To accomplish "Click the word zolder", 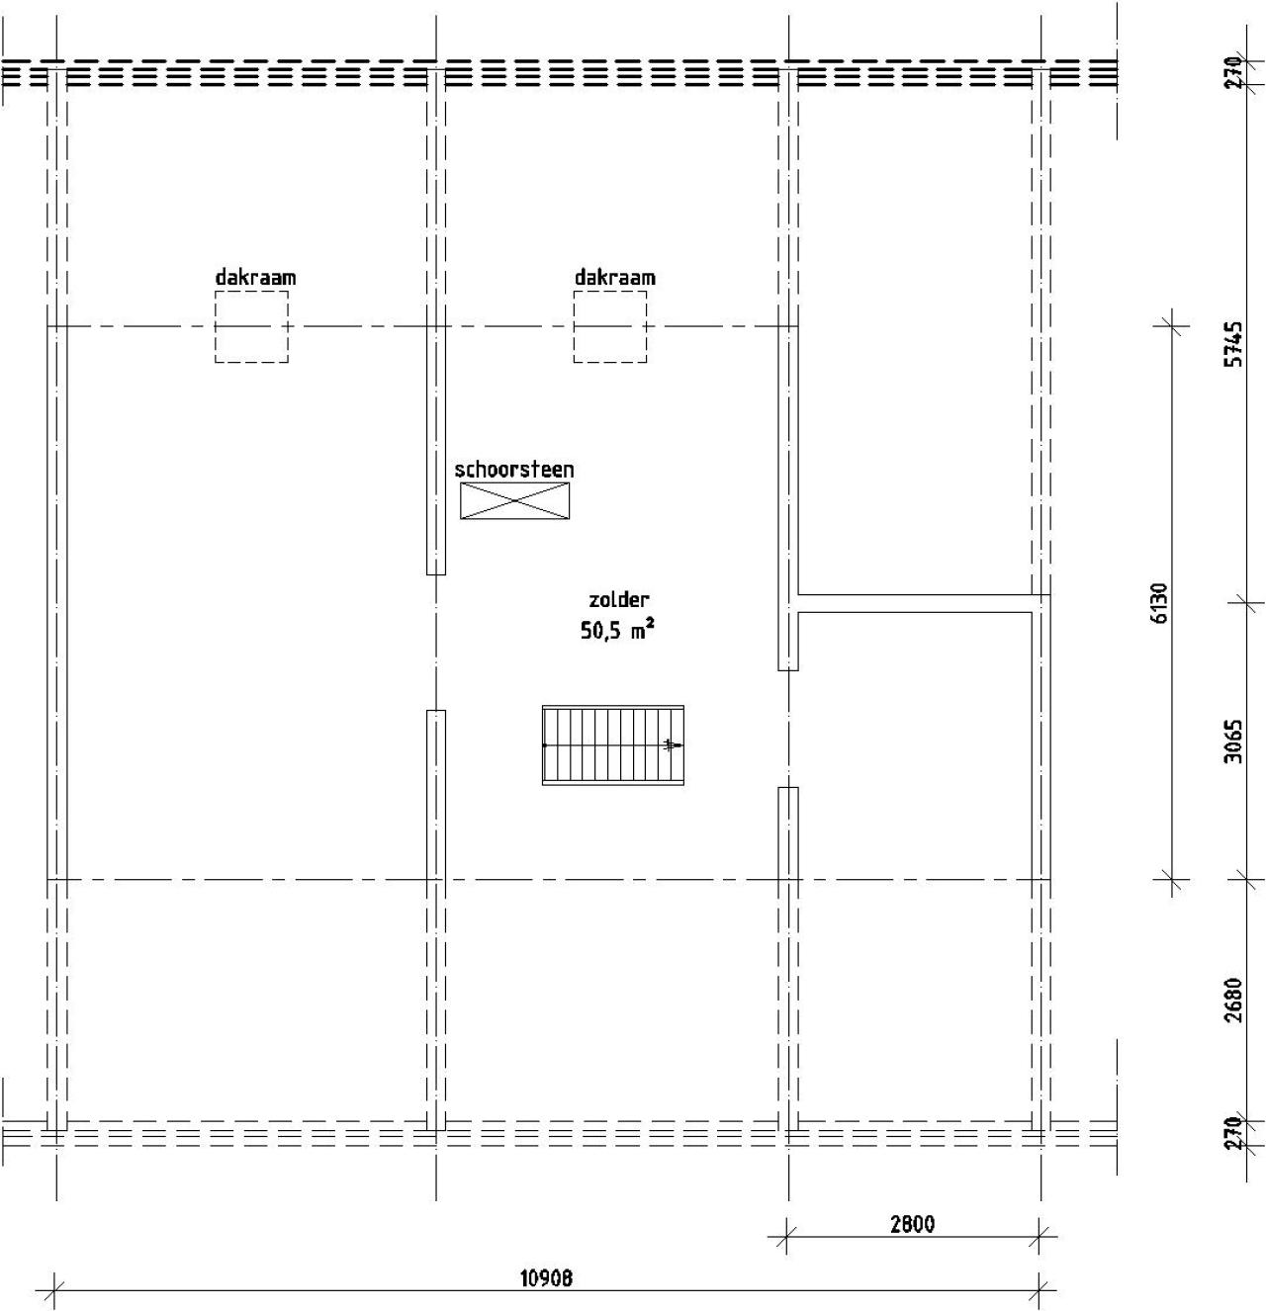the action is click(618, 599).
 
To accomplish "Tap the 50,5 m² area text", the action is click(617, 630).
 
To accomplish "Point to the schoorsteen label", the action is click(513, 470).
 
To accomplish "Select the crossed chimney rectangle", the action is click(514, 501).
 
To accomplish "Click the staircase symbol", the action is click(613, 745).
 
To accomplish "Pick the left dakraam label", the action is click(255, 277).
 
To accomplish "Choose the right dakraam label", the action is click(614, 277).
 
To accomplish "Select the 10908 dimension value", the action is click(546, 1277).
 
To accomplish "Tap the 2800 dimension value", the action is click(912, 1223).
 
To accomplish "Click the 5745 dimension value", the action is click(1234, 344).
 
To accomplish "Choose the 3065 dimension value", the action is click(1233, 742).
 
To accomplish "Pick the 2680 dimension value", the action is click(1233, 1001).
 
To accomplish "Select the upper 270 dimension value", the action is click(1233, 72).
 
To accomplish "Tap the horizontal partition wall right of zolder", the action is click(915, 604).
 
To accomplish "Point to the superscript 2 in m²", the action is click(651, 624).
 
